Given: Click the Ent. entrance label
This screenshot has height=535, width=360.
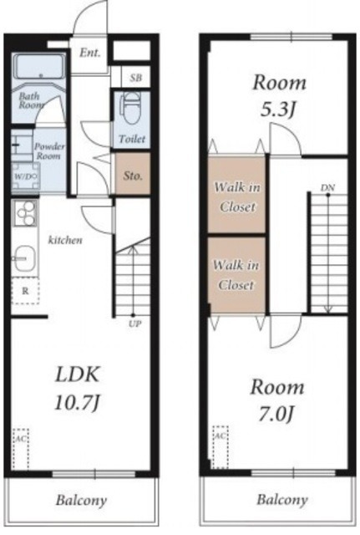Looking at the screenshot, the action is tap(90, 53).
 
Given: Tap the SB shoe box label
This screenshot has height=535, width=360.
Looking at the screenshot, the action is tap(135, 78).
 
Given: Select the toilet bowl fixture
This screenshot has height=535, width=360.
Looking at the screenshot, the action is tap(131, 110).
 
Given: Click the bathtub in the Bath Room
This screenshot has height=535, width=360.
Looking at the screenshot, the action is tap(40, 67).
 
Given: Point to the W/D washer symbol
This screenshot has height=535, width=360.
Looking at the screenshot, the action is tap(25, 176).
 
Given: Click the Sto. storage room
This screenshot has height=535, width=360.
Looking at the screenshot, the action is tap(133, 174).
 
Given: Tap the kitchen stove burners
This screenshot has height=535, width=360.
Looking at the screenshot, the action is tap(26, 213).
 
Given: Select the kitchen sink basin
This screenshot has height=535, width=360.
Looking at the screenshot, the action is tap(25, 258).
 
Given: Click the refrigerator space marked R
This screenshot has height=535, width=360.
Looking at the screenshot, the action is tap(25, 291).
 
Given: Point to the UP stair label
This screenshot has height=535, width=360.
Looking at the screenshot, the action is tap(135, 324).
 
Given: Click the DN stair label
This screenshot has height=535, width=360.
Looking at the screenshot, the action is tap(327, 187).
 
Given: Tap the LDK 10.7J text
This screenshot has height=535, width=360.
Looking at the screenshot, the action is tap(78, 388).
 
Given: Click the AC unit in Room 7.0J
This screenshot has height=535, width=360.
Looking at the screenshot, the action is tap(221, 447).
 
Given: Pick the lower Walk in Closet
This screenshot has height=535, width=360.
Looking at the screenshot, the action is tap(236, 275).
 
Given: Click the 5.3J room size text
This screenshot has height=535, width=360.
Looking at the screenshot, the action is tap(278, 110).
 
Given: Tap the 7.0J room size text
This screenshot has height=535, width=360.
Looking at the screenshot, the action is tap(276, 414).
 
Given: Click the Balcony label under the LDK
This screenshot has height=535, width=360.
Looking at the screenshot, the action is tap(81, 501).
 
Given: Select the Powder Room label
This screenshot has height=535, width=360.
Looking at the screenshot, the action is tap(49, 151).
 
